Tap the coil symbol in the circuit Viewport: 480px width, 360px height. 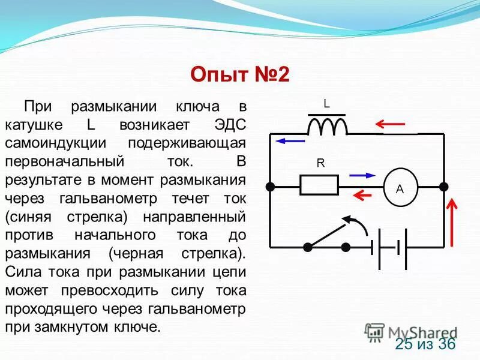pos(327,126)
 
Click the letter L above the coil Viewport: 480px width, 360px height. pos(326,104)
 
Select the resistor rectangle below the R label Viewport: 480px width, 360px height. pos(319,185)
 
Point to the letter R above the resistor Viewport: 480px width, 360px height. pos(320,163)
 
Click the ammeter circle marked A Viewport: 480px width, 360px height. pos(400,188)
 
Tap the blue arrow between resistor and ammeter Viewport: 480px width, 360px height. pos(362,176)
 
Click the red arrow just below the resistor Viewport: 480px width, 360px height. pos(362,195)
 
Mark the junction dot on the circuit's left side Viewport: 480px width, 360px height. pos(271,187)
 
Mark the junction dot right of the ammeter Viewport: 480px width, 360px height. pos(443,187)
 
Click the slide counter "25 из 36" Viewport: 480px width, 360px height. pos(425,344)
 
